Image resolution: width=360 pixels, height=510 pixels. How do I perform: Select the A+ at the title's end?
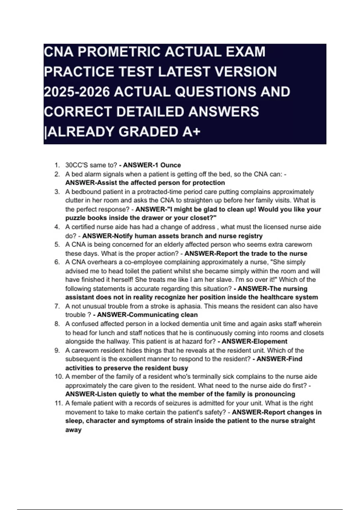pyautogui.click(x=191, y=132)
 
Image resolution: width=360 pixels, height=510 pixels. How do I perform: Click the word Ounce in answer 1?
pyautogui.click(x=170, y=165)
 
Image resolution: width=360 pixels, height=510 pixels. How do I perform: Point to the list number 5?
pyautogui.click(x=57, y=244)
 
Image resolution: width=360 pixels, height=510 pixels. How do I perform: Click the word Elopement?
pyautogui.click(x=270, y=341)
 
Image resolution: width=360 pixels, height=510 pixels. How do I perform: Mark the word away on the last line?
pyautogui.click(x=73, y=430)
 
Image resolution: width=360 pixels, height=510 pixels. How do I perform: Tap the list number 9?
pyautogui.click(x=57, y=350)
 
